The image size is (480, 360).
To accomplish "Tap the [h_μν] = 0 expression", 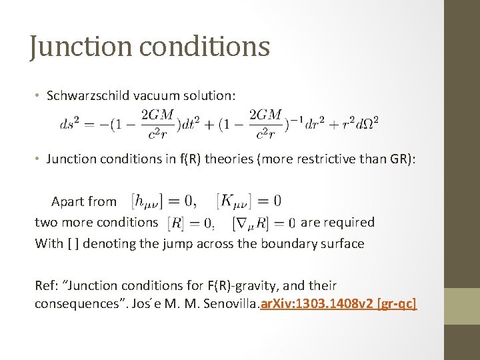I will point(164,200).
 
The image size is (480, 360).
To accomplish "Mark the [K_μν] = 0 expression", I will point(249,200).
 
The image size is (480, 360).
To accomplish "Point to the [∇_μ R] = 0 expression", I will point(263,223).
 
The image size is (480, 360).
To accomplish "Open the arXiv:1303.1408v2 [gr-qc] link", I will point(341,305).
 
